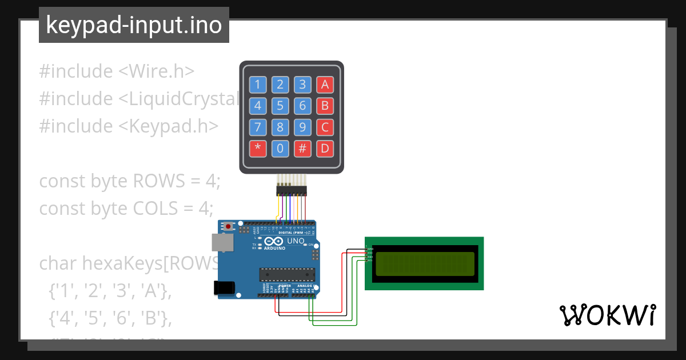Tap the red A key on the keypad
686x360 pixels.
(x=325, y=85)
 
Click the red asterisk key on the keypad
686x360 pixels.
(x=257, y=149)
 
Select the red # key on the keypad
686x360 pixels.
(x=302, y=149)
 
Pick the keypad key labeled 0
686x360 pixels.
(x=280, y=149)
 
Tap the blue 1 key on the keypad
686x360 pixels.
(x=257, y=85)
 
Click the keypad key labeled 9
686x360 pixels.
(x=302, y=127)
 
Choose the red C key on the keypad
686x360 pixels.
(x=325, y=127)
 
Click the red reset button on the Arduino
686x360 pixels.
(x=229, y=226)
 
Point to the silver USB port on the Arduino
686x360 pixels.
(x=222, y=242)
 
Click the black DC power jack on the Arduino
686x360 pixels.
(x=224, y=287)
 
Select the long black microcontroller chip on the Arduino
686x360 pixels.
(x=287, y=275)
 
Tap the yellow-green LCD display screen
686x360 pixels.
(x=424, y=263)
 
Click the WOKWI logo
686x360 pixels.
(x=607, y=315)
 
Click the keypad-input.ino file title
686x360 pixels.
(x=134, y=25)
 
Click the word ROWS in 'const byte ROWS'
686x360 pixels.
(x=159, y=181)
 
